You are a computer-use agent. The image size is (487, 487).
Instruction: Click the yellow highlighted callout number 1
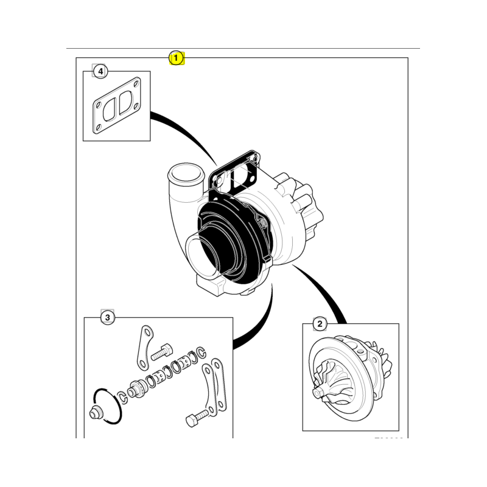[176, 58]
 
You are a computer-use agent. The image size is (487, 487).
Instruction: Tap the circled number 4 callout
[100, 72]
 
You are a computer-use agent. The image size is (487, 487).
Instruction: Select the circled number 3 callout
[107, 317]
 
